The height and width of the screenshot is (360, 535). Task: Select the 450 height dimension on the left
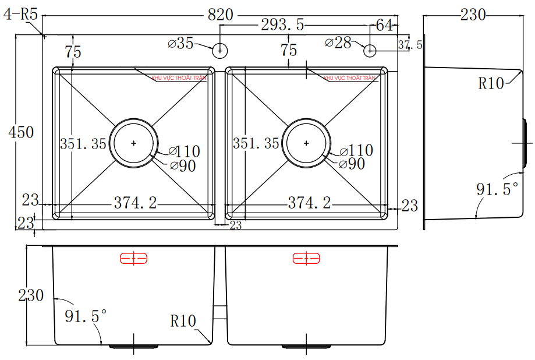coord(21,132)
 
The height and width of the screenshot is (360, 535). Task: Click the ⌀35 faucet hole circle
coord(219,51)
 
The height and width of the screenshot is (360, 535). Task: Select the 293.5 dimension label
coord(282,25)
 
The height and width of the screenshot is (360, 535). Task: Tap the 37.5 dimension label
coord(410,44)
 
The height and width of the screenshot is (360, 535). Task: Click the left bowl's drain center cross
coord(134,143)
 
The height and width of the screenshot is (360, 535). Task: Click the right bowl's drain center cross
coord(306,143)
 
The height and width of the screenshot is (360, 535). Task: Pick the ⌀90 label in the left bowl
coord(183,166)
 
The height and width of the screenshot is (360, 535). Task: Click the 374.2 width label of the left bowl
coord(135,203)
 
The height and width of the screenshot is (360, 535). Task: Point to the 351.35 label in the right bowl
coord(256,143)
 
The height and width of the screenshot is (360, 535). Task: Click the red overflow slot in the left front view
coord(134,258)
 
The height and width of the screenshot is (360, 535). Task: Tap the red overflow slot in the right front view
coord(306,258)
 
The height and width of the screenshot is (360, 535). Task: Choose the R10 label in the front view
coord(183,321)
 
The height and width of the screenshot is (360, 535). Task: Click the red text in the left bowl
coord(179,77)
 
